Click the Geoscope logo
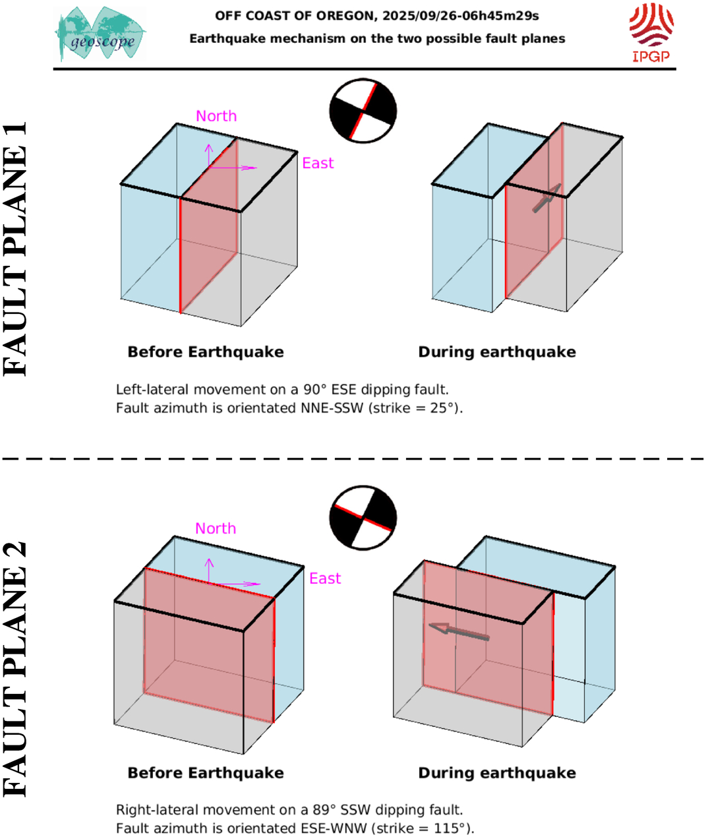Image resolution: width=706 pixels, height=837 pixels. click(x=100, y=34)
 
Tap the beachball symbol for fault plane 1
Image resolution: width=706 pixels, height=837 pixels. click(x=363, y=110)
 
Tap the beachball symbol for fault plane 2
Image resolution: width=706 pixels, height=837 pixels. click(x=363, y=518)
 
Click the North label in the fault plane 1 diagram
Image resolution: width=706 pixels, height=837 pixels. click(x=216, y=116)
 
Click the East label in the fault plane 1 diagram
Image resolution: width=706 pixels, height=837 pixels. click(x=318, y=163)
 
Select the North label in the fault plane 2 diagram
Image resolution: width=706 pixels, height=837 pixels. click(x=216, y=528)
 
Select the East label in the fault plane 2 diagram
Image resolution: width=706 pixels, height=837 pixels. click(x=325, y=578)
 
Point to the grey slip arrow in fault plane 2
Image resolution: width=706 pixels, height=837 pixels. click(x=459, y=631)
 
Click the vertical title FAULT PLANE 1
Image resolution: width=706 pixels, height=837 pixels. click(x=16, y=249)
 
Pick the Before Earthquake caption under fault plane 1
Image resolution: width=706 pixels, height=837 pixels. click(x=206, y=352)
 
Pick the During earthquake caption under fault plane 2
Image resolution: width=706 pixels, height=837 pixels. click(x=497, y=773)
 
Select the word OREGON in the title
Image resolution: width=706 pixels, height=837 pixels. click(x=340, y=16)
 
